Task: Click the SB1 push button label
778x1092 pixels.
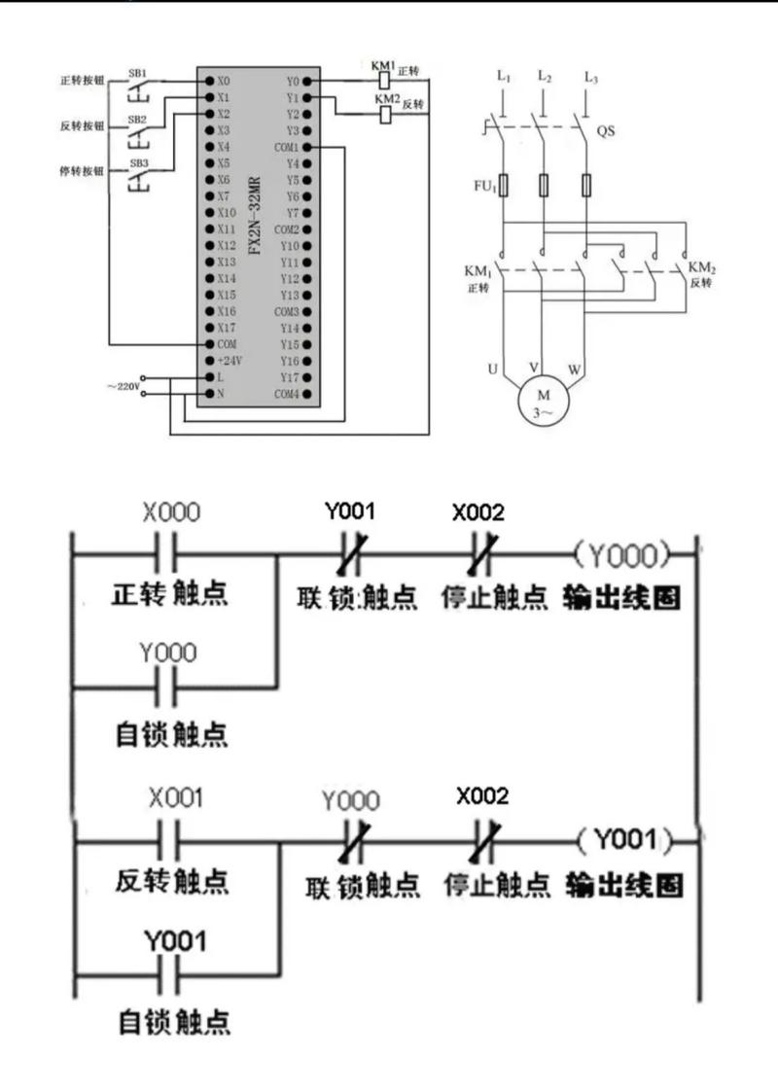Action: (137, 73)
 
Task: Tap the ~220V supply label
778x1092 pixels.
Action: (123, 386)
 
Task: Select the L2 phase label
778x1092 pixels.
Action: (544, 76)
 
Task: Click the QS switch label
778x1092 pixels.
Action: (605, 129)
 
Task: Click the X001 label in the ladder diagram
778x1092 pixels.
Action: (175, 798)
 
